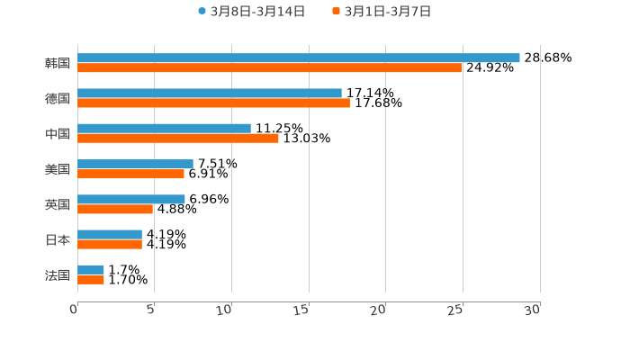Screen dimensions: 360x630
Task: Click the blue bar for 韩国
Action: click(x=298, y=58)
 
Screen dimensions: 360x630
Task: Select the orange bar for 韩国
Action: click(x=269, y=67)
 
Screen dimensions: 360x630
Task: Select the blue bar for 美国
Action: click(x=135, y=164)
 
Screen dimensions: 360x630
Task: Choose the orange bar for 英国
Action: click(x=114, y=210)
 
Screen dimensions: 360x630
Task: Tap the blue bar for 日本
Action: click(x=109, y=234)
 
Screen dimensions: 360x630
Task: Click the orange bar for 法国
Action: click(x=91, y=280)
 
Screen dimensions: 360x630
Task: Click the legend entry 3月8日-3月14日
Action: click(x=251, y=12)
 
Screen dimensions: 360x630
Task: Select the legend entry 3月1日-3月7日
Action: click(x=382, y=12)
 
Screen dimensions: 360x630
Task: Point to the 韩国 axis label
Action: click(x=57, y=63)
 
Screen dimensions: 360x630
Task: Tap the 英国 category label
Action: click(x=57, y=204)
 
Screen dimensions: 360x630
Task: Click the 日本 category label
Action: click(x=57, y=239)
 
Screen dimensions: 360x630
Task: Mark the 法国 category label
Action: click(x=57, y=274)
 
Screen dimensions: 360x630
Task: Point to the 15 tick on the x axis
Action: click(x=302, y=310)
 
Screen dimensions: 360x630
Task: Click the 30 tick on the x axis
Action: click(x=533, y=310)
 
